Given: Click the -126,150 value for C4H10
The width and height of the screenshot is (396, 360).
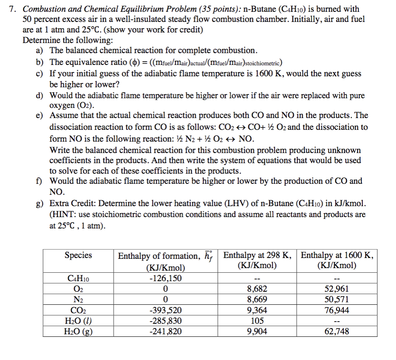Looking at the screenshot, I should pos(166,278).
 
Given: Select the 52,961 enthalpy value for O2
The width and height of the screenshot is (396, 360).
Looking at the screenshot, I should pos(337,289).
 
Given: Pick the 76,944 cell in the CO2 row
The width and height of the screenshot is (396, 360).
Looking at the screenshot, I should pos(337,311).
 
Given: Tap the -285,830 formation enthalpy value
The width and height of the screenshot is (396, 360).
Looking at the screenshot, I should pos(166,321).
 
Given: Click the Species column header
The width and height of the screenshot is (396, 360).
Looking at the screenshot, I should pos(78,255).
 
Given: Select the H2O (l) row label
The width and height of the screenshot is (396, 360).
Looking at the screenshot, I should pos(78,321).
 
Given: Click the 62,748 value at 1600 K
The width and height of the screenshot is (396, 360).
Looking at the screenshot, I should pos(337,332).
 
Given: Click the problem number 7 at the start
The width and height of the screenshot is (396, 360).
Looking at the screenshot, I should pos(12,9).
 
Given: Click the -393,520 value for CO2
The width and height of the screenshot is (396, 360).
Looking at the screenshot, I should pos(166,311).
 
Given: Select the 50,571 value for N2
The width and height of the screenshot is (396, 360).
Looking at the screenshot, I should pos(337,300).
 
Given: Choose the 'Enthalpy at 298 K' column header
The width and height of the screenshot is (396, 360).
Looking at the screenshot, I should pos(257,255).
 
